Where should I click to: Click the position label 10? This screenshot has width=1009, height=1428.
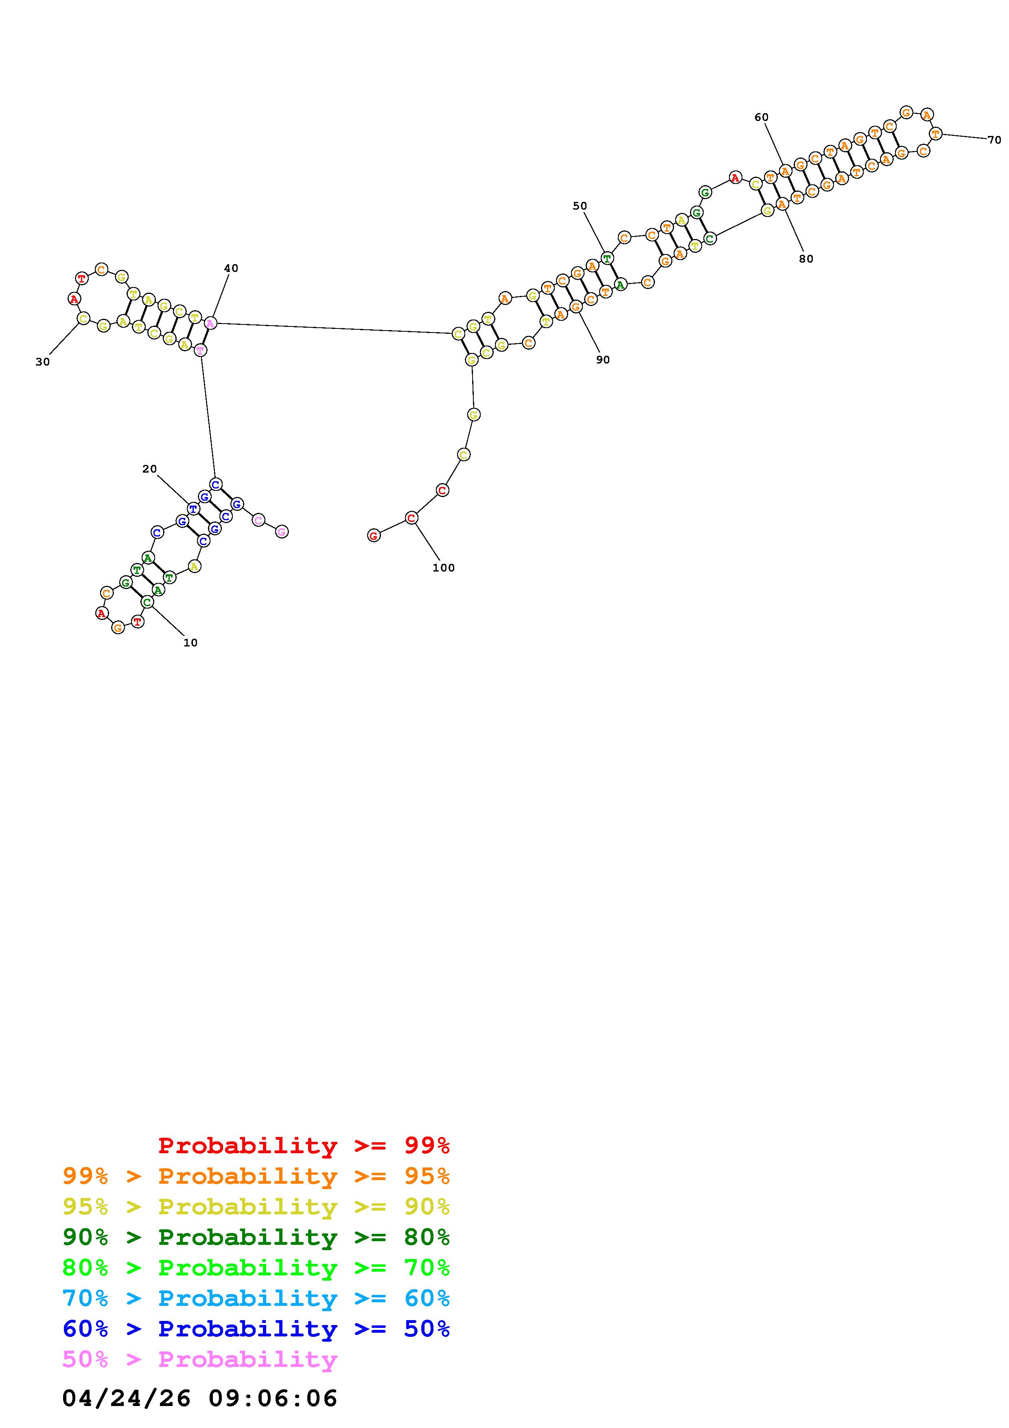190,642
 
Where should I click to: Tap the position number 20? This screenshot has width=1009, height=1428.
149,469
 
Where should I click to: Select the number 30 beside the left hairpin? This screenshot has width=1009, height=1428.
42,362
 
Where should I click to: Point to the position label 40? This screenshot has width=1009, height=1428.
231,268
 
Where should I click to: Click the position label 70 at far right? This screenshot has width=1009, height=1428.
994,140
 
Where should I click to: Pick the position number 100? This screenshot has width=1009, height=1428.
443,568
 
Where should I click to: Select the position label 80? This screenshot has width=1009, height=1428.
806,259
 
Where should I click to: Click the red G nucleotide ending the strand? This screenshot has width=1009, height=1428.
374,536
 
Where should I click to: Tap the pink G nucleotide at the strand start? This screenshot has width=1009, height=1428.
282,531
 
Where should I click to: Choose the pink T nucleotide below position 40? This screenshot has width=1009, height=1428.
199,350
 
